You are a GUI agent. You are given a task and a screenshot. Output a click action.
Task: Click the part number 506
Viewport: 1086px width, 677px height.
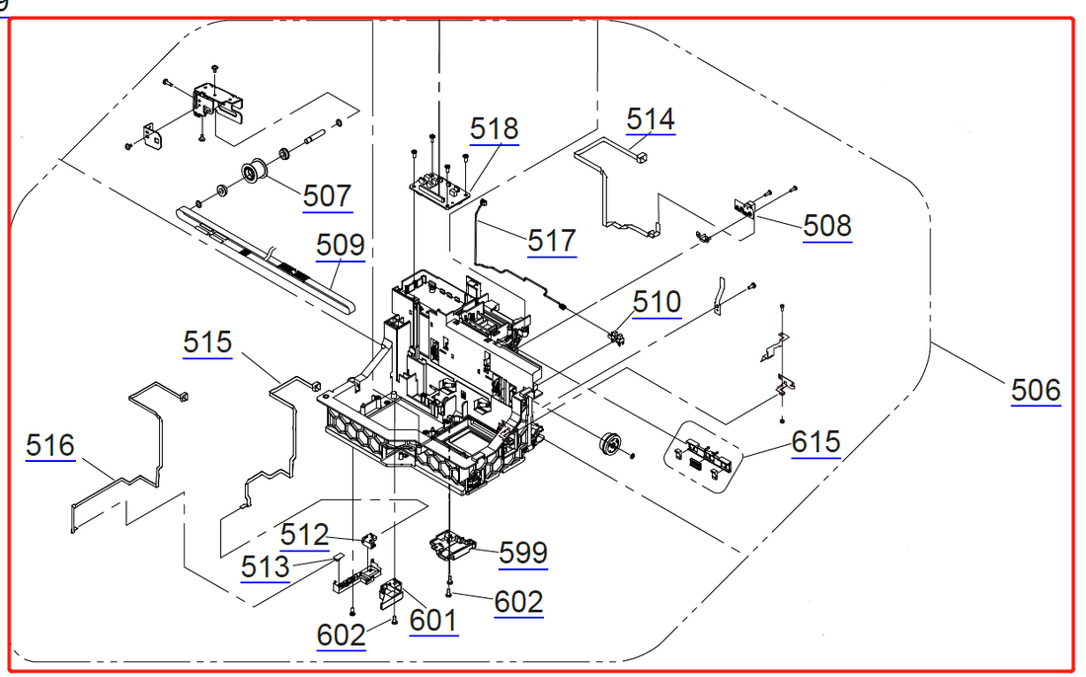(x=1036, y=391)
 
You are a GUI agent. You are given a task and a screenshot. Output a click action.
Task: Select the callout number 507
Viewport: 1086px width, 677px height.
(x=327, y=195)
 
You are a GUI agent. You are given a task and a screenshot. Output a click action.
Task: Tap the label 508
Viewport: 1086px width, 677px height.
(x=826, y=226)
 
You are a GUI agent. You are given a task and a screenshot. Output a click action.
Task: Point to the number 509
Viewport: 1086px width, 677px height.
(x=340, y=245)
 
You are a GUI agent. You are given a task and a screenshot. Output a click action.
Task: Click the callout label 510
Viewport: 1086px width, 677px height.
(x=657, y=301)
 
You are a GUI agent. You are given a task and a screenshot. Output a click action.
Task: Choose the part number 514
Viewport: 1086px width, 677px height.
(x=651, y=119)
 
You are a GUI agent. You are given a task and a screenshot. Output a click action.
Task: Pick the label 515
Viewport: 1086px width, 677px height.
(x=207, y=342)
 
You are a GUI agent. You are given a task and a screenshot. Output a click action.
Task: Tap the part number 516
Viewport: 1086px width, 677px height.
(x=50, y=446)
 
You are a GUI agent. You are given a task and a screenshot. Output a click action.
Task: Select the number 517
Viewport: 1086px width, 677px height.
(x=552, y=241)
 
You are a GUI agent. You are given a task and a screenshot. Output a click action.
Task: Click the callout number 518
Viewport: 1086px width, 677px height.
(x=494, y=128)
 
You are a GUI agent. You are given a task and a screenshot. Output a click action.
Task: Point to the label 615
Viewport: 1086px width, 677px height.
(x=815, y=442)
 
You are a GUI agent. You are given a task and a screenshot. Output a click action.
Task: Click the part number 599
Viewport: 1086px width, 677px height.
(x=522, y=553)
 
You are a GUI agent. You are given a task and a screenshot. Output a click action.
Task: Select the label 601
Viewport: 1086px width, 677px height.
(x=433, y=621)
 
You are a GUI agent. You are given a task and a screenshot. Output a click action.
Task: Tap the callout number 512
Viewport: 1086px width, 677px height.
(x=304, y=535)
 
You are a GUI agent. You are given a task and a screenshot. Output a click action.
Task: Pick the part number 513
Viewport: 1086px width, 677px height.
(x=266, y=566)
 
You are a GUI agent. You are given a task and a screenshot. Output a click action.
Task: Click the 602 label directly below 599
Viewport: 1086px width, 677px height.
(x=518, y=601)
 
